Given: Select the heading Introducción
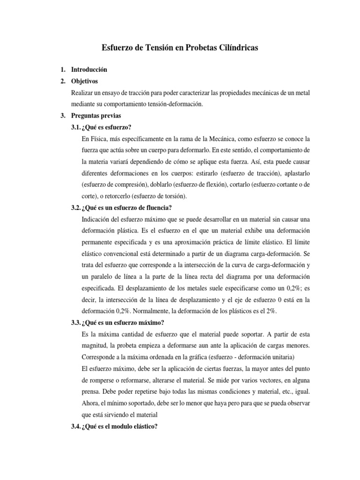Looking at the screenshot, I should coord(89,69).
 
